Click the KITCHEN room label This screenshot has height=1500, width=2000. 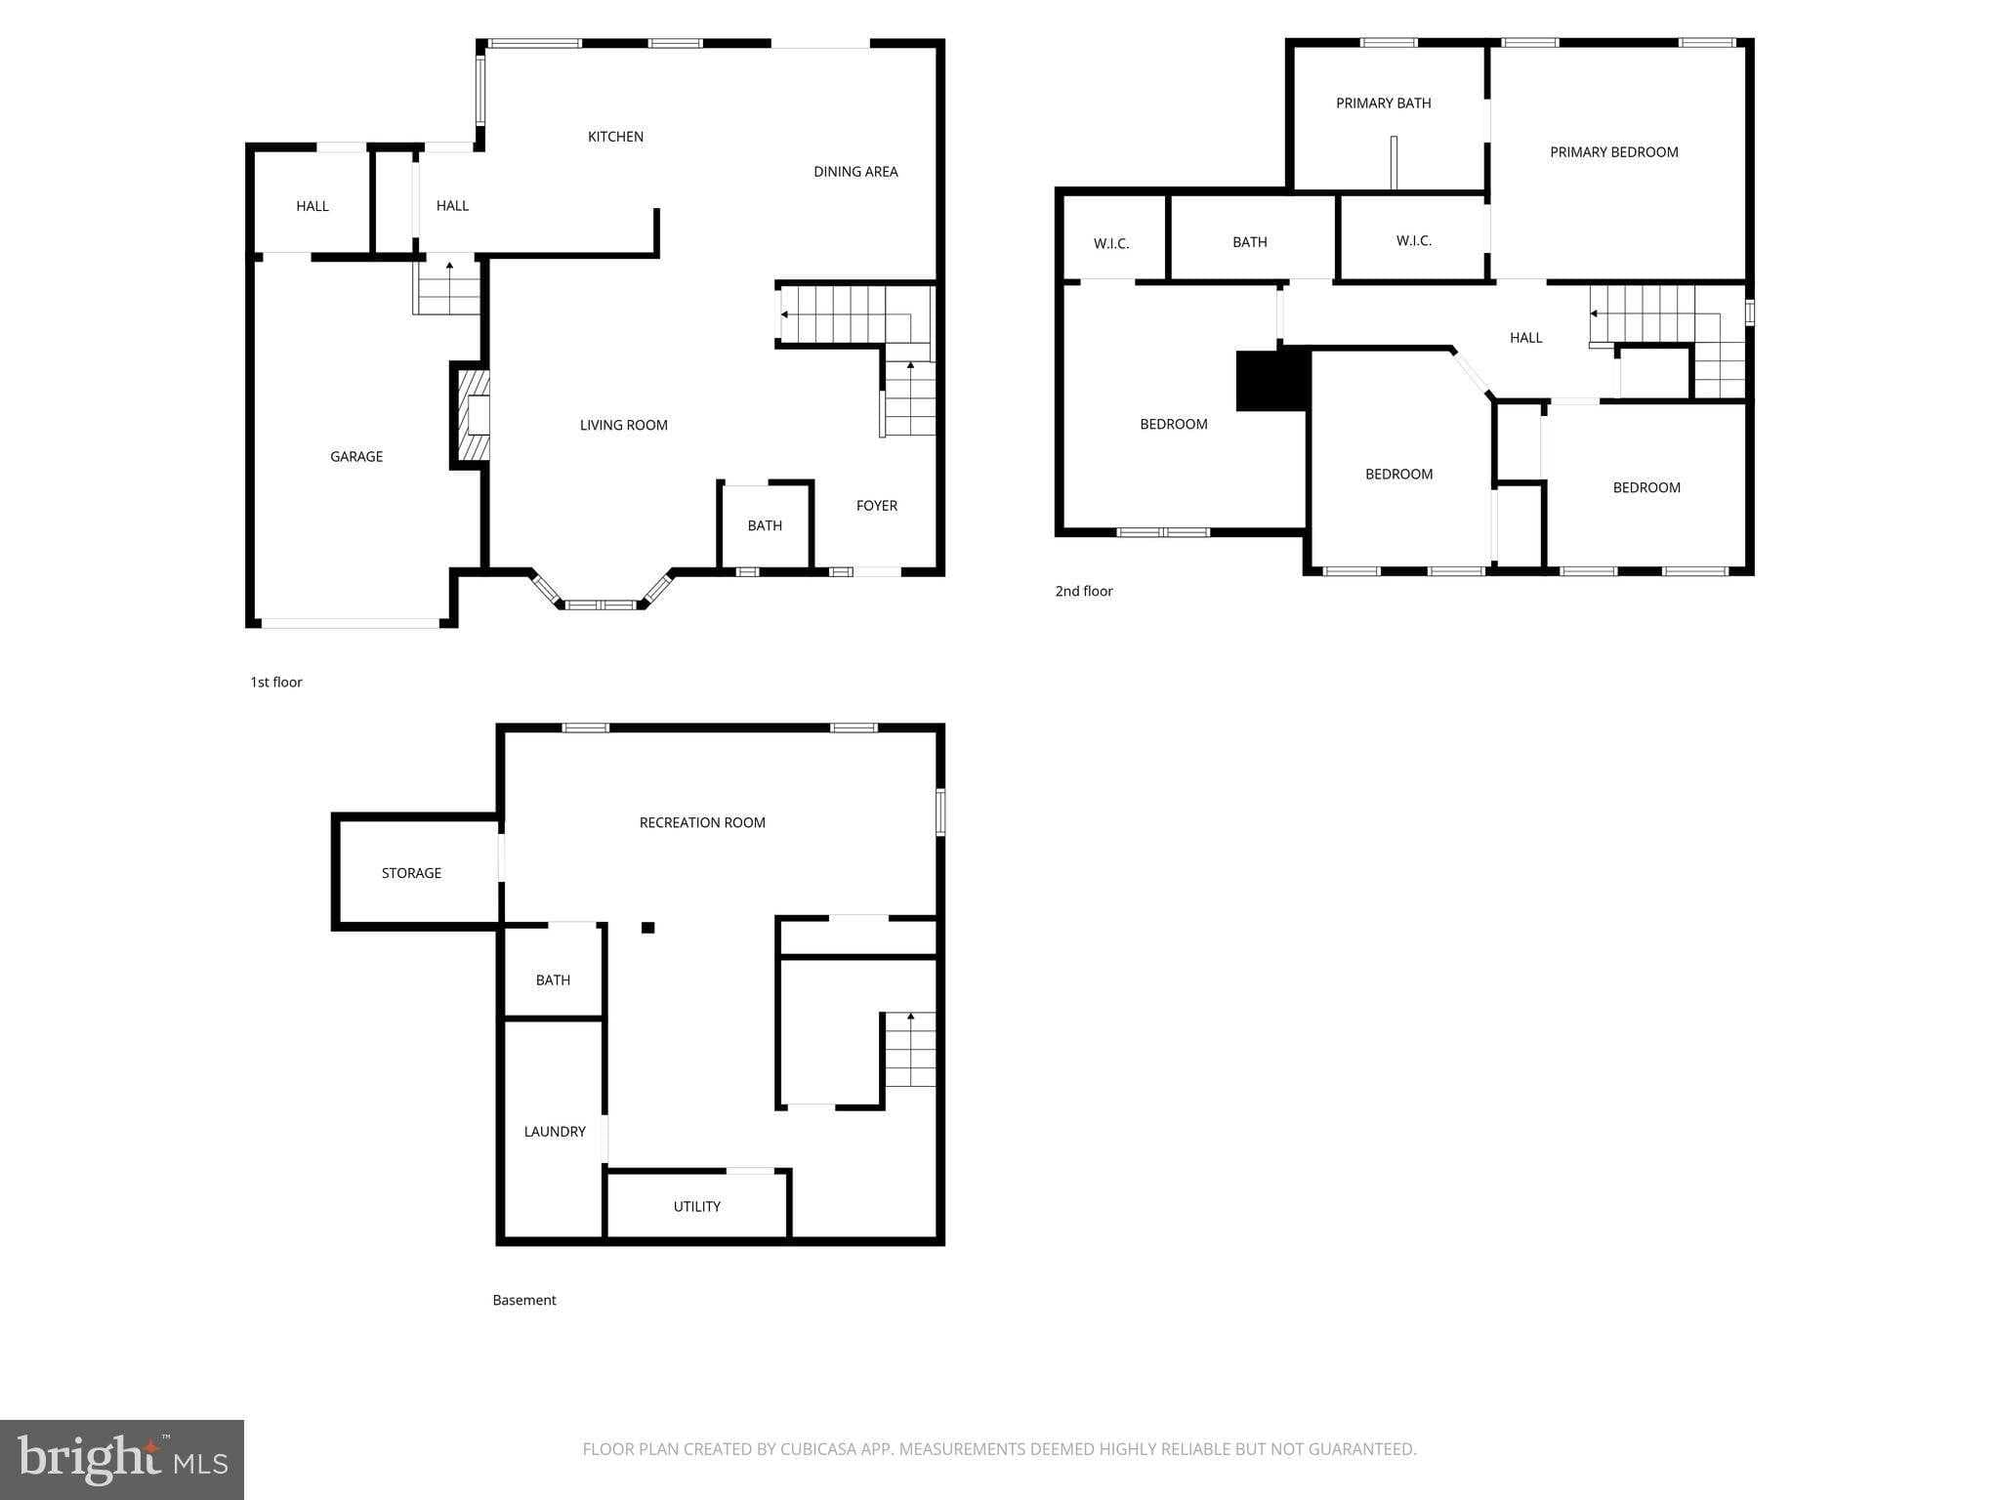pyautogui.click(x=615, y=137)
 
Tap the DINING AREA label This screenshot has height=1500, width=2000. pyautogui.click(x=855, y=172)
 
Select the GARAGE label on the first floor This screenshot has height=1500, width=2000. pyautogui.click(x=356, y=456)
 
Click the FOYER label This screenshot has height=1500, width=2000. pyautogui.click(x=876, y=506)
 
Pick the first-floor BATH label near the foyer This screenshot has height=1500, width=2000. pyautogui.click(x=765, y=525)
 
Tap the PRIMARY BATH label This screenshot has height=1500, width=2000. pyautogui.click(x=1383, y=104)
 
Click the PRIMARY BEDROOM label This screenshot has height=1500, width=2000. pyautogui.click(x=1613, y=152)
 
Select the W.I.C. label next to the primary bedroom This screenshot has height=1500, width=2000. pyautogui.click(x=1413, y=241)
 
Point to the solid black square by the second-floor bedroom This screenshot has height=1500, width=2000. pyautogui.click(x=1271, y=381)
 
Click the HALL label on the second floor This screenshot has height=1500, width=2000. pyautogui.click(x=1525, y=338)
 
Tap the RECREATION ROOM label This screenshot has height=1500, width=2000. pyautogui.click(x=702, y=823)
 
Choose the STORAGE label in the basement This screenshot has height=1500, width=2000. pyautogui.click(x=411, y=873)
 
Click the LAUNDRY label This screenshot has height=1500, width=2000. pyautogui.click(x=555, y=1132)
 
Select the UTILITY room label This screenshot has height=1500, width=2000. pyautogui.click(x=697, y=1207)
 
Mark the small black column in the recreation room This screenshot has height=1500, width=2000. pyautogui.click(x=647, y=928)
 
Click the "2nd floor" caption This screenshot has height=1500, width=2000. pyautogui.click(x=1084, y=591)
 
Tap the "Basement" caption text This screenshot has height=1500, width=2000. pyautogui.click(x=524, y=1300)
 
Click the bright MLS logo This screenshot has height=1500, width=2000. pyautogui.click(x=122, y=1459)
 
